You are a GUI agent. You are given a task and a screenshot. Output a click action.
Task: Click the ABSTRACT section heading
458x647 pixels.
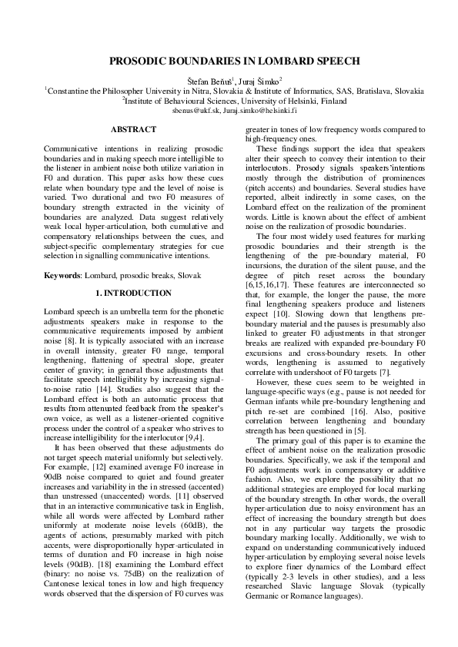click(133, 130)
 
